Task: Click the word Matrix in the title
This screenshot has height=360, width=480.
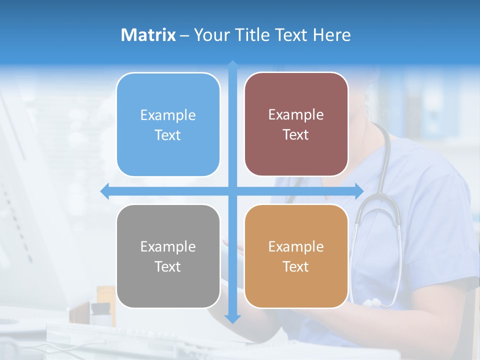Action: (148, 35)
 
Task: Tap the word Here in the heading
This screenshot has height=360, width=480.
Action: (331, 35)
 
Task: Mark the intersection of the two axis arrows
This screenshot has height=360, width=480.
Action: (232, 191)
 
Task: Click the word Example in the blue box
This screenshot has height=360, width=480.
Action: (168, 115)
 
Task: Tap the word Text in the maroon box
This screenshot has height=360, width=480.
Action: (295, 135)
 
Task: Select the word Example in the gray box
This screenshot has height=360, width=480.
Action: (168, 247)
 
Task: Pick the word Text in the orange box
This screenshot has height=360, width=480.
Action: (295, 267)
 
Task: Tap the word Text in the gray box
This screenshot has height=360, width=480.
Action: (167, 267)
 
